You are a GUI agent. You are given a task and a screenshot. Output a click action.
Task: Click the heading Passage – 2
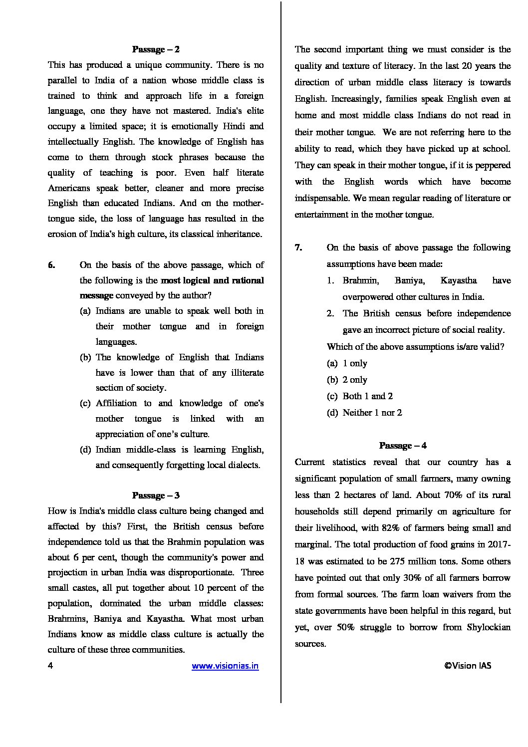pos(156,49)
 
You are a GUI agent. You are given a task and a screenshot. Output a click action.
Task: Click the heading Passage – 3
pos(156,496)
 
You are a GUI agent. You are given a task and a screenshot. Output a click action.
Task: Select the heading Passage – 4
pos(403,446)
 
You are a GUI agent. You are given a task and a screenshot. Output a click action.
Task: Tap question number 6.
pos(51,265)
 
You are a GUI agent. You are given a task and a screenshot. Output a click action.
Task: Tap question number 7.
pos(298,248)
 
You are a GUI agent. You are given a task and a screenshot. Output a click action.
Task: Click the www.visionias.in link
pos(225,666)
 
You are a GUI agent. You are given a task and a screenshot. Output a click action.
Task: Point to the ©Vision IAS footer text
pos(468,665)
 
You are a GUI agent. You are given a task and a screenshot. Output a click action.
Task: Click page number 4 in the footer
pos(50,666)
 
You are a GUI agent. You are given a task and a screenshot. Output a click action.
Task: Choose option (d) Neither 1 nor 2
pos(364,413)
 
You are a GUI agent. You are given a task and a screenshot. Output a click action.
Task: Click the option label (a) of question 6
pos(85,311)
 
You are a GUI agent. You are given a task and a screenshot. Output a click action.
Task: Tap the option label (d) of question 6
pos(85,450)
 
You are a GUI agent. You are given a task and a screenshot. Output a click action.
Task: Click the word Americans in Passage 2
pos(69,188)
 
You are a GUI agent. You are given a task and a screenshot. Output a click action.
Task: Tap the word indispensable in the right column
pos(322,198)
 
